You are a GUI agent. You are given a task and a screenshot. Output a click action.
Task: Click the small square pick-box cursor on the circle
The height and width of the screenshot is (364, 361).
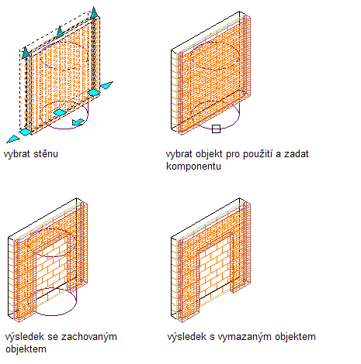(x=216, y=129)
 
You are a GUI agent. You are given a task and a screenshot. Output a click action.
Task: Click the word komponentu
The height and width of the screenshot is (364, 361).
(x=193, y=166)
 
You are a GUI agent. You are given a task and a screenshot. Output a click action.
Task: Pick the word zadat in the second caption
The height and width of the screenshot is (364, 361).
(x=297, y=154)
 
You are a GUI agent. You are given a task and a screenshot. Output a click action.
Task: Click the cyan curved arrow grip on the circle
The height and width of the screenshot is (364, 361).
(x=78, y=122)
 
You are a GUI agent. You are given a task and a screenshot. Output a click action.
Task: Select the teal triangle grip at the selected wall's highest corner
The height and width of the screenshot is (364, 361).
(x=94, y=13)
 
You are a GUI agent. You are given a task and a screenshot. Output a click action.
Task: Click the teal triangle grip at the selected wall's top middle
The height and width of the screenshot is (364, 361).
(x=60, y=32)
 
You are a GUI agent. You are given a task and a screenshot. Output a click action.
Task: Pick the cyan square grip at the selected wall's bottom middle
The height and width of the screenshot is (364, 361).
(x=60, y=113)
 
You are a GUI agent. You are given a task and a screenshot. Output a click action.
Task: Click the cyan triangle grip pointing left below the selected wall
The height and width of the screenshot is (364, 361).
(x=13, y=139)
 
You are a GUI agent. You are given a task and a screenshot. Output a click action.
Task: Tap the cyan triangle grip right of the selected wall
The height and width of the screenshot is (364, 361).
(x=106, y=85)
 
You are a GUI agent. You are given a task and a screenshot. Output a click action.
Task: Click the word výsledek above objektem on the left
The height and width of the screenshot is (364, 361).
(x=25, y=337)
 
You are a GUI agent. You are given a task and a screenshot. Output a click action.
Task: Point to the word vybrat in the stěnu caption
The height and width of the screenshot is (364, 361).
(x=17, y=154)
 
